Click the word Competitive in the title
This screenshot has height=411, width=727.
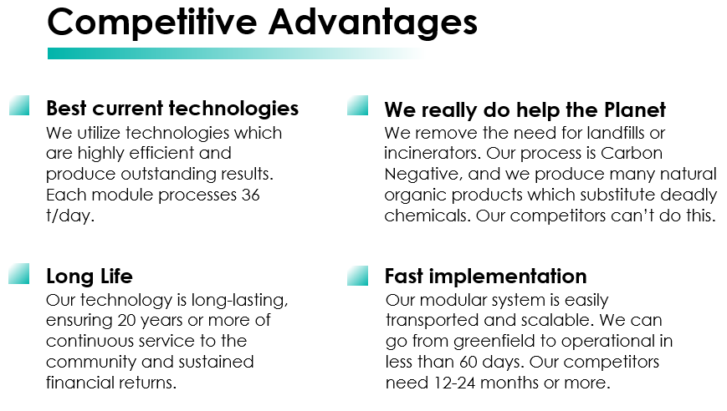point(152,23)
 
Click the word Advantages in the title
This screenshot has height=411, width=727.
point(373,23)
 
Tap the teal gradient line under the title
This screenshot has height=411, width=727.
point(236,53)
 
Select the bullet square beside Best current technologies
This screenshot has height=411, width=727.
point(19,105)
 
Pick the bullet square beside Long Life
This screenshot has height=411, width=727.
point(19,273)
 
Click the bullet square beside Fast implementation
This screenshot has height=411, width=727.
point(357,276)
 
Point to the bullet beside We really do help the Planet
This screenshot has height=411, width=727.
point(357,105)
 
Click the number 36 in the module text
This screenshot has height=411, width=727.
point(250,195)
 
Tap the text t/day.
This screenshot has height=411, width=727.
point(70,216)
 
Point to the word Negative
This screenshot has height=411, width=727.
point(423,175)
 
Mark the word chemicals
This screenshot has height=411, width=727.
point(427,216)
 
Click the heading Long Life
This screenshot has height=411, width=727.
point(90,277)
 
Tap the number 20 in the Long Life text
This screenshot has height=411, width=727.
point(126,320)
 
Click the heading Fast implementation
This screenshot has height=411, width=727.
point(486,277)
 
